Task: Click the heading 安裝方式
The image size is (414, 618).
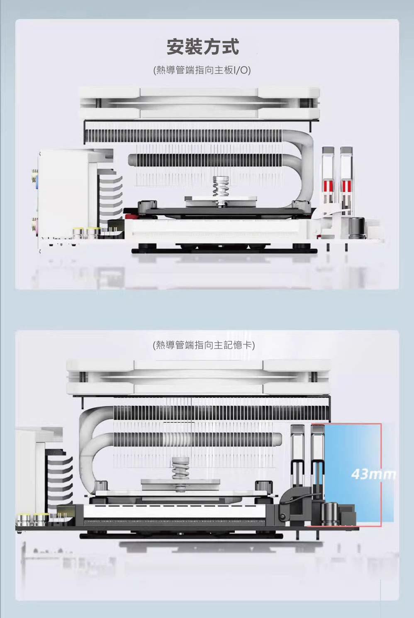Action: [203, 47]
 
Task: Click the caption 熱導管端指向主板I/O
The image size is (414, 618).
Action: [202, 70]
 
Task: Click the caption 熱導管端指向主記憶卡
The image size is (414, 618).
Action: [204, 344]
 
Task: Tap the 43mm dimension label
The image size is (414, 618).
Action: [373, 474]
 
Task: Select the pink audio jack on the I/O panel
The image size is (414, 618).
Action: [35, 225]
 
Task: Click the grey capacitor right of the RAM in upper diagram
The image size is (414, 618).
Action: [356, 228]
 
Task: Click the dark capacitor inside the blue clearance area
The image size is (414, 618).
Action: [331, 514]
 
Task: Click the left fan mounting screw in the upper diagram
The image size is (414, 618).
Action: [98, 103]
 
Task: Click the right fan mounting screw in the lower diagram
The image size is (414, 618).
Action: [314, 376]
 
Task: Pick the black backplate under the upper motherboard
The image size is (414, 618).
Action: [224, 251]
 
